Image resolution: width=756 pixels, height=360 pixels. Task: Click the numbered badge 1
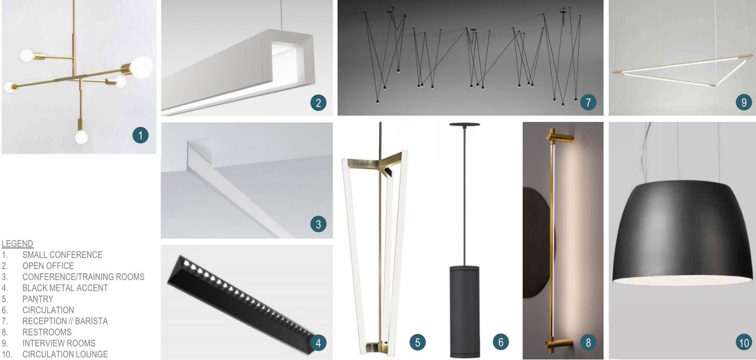click(141, 135)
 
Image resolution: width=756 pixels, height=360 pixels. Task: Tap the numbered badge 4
click(318, 343)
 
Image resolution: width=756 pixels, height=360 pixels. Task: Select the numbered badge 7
click(589, 102)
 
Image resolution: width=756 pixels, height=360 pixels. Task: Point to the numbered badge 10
click(744, 343)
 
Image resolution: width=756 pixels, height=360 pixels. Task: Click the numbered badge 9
click(744, 102)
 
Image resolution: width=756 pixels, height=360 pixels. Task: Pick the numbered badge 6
click(500, 342)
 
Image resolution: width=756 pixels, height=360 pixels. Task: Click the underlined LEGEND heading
click(17, 243)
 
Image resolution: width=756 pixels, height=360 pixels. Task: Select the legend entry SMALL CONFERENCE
click(62, 255)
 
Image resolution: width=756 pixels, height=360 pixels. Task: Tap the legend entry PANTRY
click(38, 299)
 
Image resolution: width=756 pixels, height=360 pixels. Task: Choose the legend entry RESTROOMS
click(47, 332)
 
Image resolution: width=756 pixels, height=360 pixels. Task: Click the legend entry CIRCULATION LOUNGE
click(65, 354)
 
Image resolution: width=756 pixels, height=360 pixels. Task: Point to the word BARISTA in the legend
click(91, 321)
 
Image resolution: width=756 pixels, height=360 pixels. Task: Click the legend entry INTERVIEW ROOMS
click(59, 343)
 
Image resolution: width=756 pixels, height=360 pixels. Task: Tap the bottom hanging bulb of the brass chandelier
click(81, 137)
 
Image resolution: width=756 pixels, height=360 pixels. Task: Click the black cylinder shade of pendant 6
click(465, 311)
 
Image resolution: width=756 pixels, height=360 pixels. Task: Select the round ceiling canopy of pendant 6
click(465, 124)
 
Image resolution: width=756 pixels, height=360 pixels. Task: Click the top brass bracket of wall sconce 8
click(560, 137)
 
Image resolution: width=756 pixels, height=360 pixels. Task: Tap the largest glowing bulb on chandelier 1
click(142, 67)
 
